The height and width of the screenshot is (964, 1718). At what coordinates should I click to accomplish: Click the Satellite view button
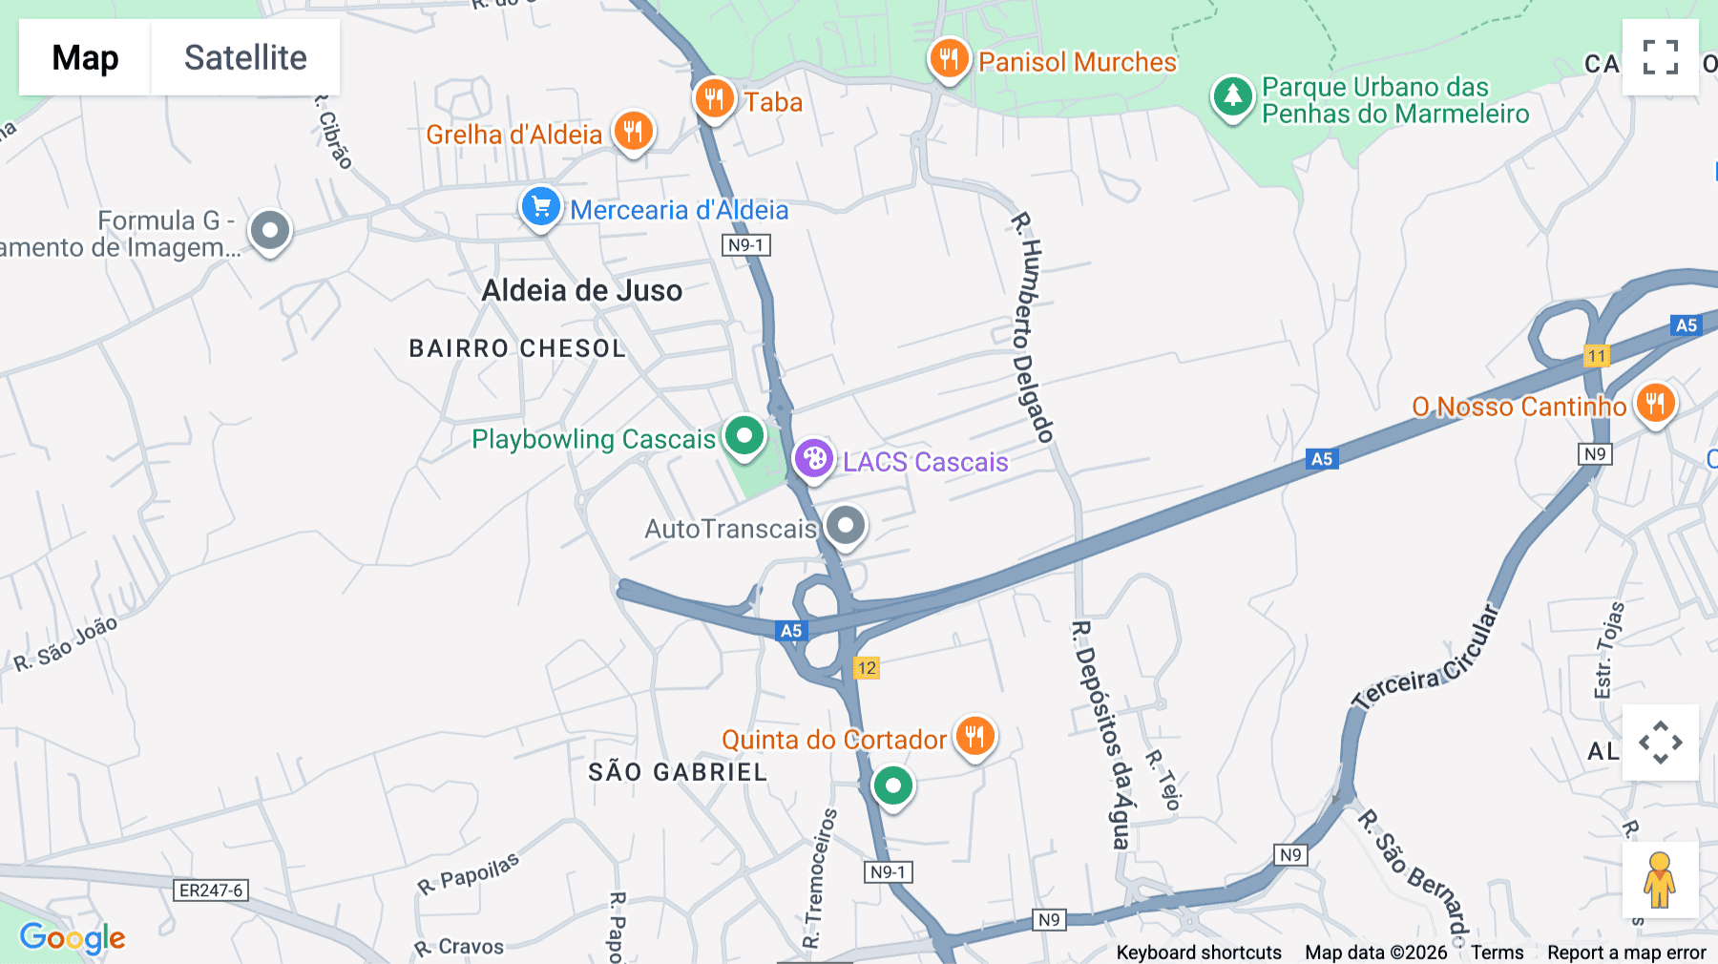click(x=245, y=57)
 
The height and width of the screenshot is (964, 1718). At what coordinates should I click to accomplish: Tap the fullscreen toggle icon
click(x=1660, y=57)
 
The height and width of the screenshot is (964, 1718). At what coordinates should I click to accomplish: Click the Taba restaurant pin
click(x=714, y=98)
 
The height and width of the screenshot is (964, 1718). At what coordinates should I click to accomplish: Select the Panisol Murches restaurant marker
click(x=948, y=59)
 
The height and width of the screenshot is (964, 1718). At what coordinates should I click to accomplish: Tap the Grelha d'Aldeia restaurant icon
click(x=634, y=132)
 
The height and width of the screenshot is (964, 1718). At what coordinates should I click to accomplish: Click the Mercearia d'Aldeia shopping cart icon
click(x=541, y=207)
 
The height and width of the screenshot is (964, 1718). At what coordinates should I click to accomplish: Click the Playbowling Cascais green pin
click(x=744, y=436)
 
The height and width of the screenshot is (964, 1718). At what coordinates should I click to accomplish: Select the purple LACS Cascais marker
click(x=814, y=459)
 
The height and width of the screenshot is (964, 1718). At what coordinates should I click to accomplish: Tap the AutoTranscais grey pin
click(x=845, y=525)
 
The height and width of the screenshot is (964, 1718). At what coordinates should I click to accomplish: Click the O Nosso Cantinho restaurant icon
click(x=1655, y=404)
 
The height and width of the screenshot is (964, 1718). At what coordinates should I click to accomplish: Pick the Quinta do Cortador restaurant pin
click(x=974, y=737)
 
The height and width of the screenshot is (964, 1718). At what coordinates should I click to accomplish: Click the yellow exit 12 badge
click(x=867, y=668)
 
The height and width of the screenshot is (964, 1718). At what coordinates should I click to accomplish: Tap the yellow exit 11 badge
click(x=1597, y=356)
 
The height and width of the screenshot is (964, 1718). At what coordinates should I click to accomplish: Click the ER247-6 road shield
click(x=212, y=891)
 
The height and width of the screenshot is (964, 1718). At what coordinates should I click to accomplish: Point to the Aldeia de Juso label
click(x=582, y=290)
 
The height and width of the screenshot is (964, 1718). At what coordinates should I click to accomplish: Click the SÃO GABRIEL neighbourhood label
click(x=678, y=772)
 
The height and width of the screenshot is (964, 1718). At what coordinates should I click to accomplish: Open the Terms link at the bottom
click(x=1497, y=953)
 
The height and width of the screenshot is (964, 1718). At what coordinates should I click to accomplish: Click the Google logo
click(x=73, y=938)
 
